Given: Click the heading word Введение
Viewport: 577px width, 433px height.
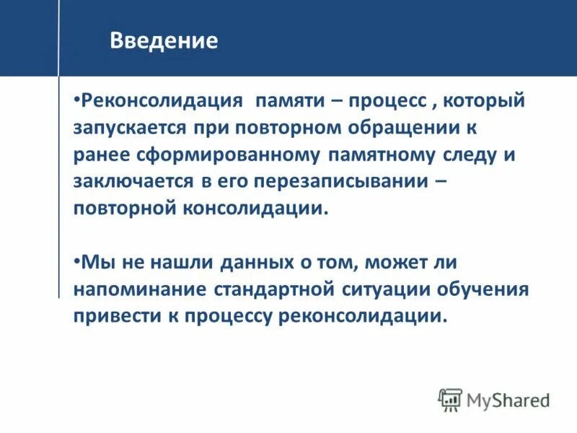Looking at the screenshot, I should (164, 40).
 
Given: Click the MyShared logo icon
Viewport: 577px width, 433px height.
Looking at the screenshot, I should (450, 399).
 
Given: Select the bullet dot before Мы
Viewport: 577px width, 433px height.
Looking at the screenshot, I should (76, 260).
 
